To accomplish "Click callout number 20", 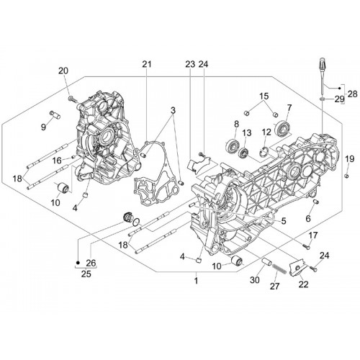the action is click(63, 71).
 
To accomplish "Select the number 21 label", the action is click(147, 64).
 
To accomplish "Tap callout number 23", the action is click(190, 64).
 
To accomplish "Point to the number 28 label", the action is click(352, 94).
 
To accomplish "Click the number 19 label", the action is click(350, 158).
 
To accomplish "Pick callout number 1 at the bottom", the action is click(197, 280).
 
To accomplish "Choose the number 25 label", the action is click(86, 274).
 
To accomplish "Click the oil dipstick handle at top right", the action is click(323, 63).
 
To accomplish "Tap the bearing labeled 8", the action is click(232, 145).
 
